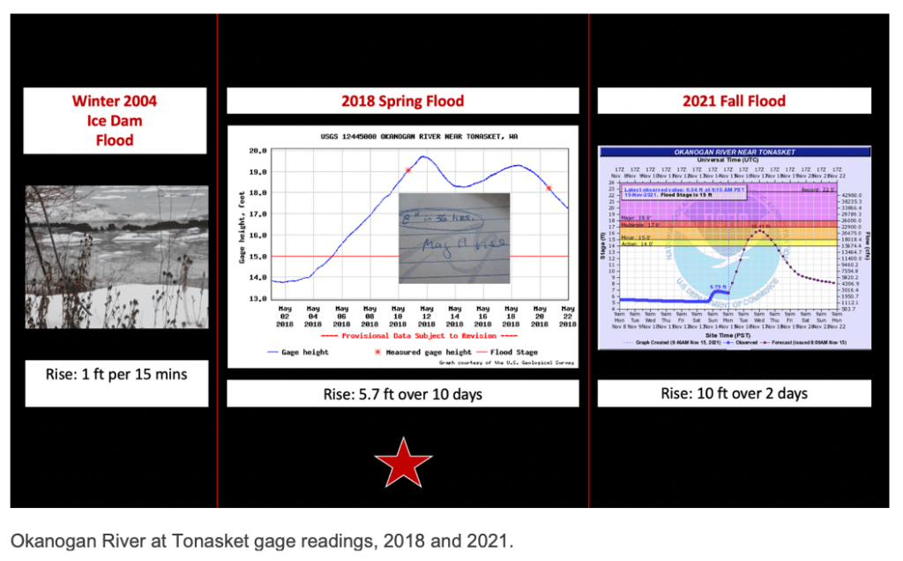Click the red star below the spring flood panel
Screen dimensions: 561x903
(x=403, y=461)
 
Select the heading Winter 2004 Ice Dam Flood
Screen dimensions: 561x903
(x=115, y=120)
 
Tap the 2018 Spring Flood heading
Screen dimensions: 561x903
(x=402, y=101)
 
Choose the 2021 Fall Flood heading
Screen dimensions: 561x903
(x=734, y=101)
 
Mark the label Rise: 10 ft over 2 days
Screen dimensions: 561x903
(x=734, y=393)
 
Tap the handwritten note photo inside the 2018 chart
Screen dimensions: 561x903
(x=454, y=236)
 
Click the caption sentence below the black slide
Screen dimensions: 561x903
(x=261, y=540)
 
